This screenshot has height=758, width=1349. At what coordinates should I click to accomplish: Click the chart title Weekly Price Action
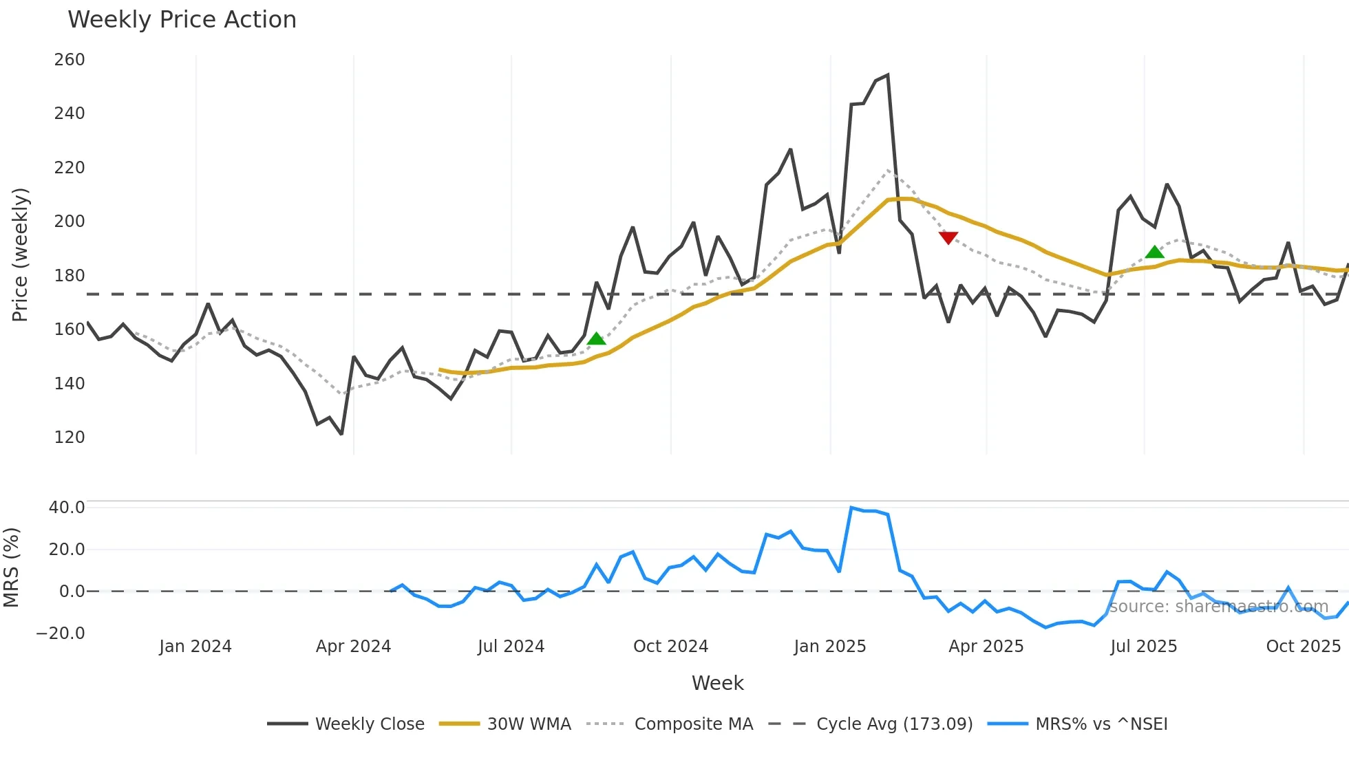(182, 20)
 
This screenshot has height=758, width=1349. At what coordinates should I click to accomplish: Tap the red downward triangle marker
(948, 238)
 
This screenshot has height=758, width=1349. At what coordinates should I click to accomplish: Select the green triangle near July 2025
(1154, 252)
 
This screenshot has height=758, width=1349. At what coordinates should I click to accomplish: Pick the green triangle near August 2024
(596, 338)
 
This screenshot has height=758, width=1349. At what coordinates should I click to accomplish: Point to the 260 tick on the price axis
(70, 60)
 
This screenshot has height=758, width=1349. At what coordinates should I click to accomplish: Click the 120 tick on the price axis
(70, 437)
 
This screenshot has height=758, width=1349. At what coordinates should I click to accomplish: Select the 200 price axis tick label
(70, 221)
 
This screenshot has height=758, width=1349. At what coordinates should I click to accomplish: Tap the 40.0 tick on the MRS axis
(67, 508)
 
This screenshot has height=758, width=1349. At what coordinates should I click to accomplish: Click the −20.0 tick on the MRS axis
(61, 634)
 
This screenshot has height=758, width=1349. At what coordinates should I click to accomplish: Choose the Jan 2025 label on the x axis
(829, 647)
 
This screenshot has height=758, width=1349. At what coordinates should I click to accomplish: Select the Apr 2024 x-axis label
(353, 647)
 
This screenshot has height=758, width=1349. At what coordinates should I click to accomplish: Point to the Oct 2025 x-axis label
(1303, 647)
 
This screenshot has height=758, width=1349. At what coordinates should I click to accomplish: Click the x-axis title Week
(717, 683)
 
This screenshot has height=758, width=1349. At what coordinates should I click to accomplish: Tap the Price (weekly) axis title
(21, 255)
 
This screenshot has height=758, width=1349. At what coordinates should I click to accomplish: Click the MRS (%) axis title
(12, 567)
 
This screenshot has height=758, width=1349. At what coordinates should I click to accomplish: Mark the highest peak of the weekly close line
(888, 75)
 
